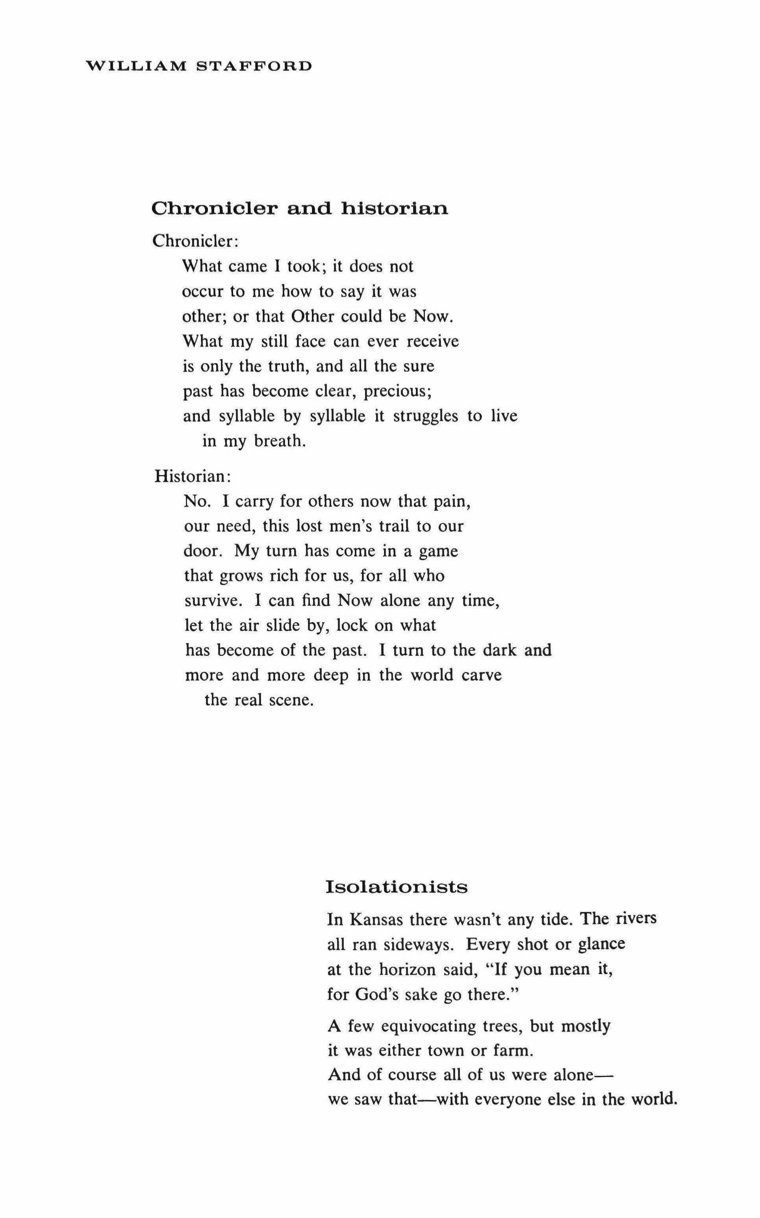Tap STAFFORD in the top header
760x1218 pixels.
click(x=254, y=66)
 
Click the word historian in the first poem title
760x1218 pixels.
click(x=395, y=208)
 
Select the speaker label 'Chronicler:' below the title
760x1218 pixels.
click(x=195, y=241)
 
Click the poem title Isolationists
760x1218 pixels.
click(x=397, y=886)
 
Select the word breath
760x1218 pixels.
click(x=280, y=441)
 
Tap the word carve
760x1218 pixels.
click(x=482, y=675)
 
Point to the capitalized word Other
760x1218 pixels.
click(x=313, y=317)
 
